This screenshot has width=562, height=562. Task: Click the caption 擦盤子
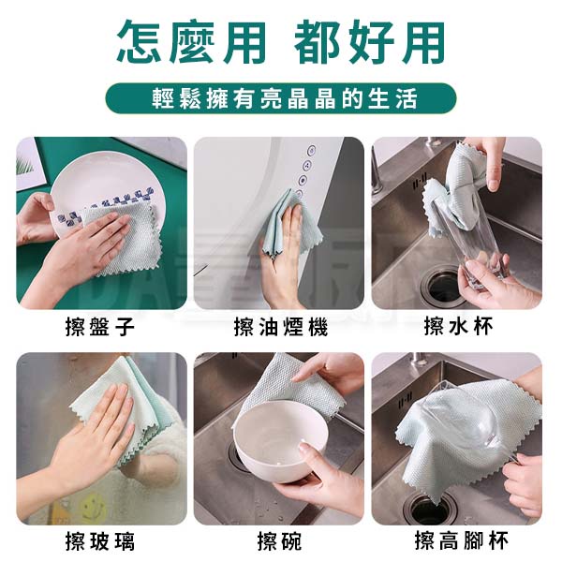[x=100, y=326]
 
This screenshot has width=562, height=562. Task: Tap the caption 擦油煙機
[x=281, y=326]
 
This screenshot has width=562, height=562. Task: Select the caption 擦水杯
[x=458, y=326]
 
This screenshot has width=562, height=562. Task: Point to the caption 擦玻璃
[x=100, y=541]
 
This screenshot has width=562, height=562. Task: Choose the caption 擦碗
[x=280, y=541]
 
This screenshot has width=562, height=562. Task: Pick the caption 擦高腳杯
[x=461, y=540]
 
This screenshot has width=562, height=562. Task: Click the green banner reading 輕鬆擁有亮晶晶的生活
[x=281, y=98]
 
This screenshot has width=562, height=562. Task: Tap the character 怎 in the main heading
[x=140, y=42]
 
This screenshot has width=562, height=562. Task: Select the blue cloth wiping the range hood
[x=287, y=222]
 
